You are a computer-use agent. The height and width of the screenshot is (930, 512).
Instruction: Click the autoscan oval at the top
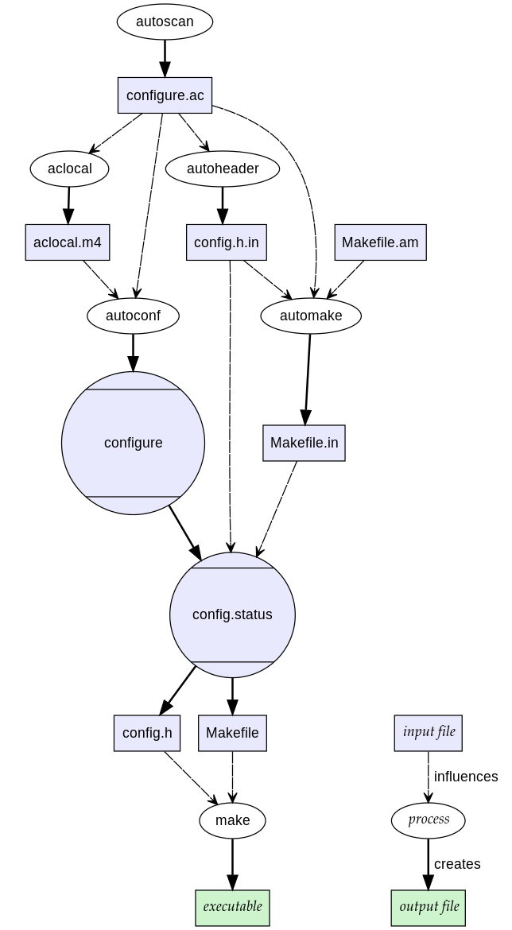165,21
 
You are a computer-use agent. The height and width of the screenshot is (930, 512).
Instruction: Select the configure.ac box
165,95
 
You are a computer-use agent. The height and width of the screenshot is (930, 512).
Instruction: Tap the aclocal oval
69,169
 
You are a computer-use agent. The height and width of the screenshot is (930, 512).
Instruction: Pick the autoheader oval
223,169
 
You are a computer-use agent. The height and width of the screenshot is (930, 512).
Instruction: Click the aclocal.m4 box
68,242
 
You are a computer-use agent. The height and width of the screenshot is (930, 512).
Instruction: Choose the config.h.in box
226,242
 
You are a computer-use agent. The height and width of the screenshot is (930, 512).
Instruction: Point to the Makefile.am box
380,242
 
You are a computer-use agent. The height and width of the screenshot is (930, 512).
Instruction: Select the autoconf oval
133,316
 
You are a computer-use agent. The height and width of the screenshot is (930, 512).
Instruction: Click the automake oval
311,316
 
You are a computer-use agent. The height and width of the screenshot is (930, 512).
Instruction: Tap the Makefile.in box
304,443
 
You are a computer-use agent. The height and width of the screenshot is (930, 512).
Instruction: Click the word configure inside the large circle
133,443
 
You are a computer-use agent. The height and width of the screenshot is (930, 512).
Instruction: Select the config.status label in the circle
232,614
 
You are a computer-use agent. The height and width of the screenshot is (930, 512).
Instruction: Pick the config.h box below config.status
147,733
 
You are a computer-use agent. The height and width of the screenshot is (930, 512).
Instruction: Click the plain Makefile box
232,733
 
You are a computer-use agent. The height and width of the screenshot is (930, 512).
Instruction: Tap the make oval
232,820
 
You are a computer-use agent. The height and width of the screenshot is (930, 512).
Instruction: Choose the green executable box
232,907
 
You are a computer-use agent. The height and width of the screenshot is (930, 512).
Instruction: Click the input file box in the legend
429,732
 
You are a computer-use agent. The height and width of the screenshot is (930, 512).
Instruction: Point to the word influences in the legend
466,777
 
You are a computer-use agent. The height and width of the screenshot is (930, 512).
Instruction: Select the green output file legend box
429,907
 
